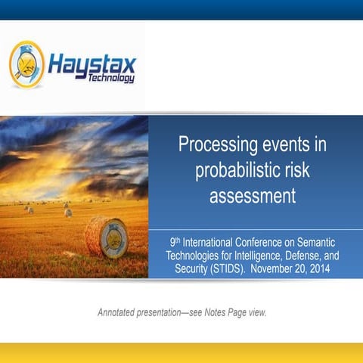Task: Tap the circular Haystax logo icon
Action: (27, 64)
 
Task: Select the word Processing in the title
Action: (213, 144)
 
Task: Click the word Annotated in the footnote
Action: (120, 312)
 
